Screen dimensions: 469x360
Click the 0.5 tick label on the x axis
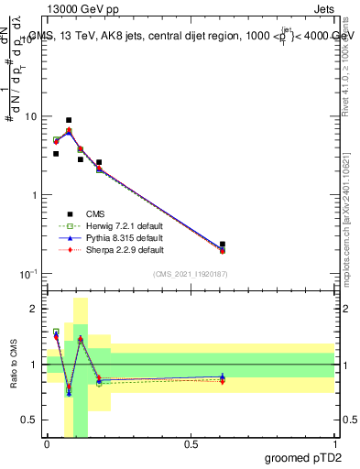pyautogui.click(x=191, y=444)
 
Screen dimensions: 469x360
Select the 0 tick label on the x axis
pyautogui.click(x=47, y=444)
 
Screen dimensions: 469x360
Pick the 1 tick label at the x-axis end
pyautogui.click(x=334, y=444)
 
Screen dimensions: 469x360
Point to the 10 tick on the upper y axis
pyautogui.click(x=31, y=117)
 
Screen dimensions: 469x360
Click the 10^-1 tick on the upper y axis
pyautogui.click(x=29, y=274)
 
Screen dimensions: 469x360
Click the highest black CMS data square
pyautogui.click(x=69, y=120)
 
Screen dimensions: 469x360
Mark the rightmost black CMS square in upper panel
pyautogui.click(x=223, y=245)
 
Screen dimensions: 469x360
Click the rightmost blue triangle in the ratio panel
pyautogui.click(x=223, y=376)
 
